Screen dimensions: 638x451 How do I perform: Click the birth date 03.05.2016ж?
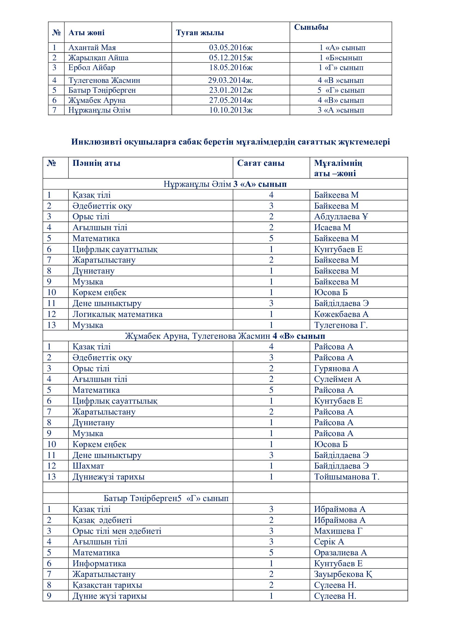pos(230,48)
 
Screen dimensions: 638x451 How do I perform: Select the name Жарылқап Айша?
pos(98,58)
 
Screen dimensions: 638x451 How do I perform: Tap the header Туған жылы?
pos(200,33)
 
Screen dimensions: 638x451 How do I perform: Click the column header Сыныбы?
pos(311,27)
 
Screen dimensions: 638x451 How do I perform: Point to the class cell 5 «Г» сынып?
pos(341,90)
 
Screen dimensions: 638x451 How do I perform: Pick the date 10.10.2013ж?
pos(230,110)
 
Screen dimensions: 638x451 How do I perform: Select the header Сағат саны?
pos(260,163)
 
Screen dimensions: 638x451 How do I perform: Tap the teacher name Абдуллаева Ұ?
pos(341,217)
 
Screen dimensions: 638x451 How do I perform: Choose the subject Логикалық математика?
pos(118,314)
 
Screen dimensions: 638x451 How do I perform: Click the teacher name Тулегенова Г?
pos(341,325)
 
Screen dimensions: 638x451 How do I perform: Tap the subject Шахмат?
pos(88,466)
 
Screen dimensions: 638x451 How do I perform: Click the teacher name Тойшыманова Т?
pos(347,477)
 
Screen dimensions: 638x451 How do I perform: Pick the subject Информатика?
pos(99,564)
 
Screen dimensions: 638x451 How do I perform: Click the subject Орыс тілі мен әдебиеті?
pos(117,531)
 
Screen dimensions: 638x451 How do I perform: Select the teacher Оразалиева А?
pos(341,553)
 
